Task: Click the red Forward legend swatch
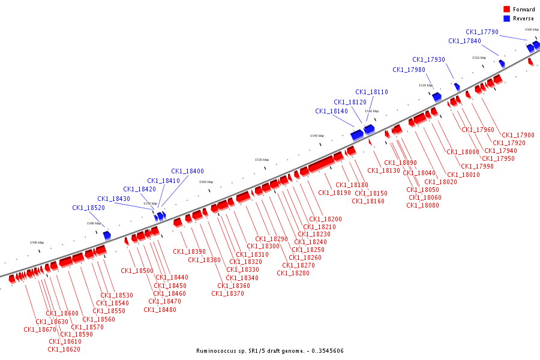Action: coord(506,10)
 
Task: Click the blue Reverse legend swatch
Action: coord(506,19)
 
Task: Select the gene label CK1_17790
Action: coord(482,32)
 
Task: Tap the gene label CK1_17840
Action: coord(464,41)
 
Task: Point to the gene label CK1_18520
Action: coord(89,208)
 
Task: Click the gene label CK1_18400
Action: coord(187,172)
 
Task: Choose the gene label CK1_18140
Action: coord(331,112)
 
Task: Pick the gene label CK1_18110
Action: coord(371,92)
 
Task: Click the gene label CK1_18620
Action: coord(64,349)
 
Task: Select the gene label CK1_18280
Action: coord(293,274)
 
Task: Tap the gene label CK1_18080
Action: coord(422,205)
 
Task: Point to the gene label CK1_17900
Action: coord(518,136)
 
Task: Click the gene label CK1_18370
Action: coord(227,294)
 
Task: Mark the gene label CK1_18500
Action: coord(137,271)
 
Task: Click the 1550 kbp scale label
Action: coord(262,160)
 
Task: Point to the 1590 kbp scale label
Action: coord(37,242)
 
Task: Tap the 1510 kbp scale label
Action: coord(479,58)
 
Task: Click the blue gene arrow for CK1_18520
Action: coord(107,235)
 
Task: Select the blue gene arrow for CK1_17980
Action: coord(437,97)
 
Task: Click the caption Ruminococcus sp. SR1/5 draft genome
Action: coord(269,351)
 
